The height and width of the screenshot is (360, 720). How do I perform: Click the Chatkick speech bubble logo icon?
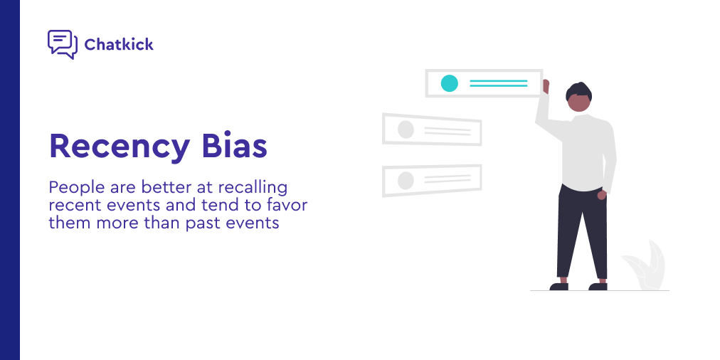(x=63, y=45)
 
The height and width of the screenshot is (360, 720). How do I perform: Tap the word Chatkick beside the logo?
(x=119, y=45)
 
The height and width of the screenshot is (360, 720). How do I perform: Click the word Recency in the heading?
(x=120, y=147)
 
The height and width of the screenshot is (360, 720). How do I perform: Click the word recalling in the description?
(x=253, y=188)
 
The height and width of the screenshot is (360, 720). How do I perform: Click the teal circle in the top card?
(x=450, y=83)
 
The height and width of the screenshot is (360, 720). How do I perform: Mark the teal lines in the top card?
(x=498, y=83)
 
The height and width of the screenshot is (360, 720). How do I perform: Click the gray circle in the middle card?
(x=406, y=129)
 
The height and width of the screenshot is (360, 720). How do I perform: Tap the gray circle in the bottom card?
(x=406, y=181)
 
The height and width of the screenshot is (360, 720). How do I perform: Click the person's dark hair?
(x=578, y=91)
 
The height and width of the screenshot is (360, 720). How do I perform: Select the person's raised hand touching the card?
(x=546, y=86)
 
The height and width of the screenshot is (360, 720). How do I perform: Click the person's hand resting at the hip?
(x=601, y=195)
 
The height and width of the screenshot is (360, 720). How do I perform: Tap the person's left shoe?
(x=558, y=287)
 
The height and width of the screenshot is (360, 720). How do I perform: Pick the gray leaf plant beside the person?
(x=644, y=266)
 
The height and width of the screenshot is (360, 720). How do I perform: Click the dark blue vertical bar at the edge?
(x=10, y=180)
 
